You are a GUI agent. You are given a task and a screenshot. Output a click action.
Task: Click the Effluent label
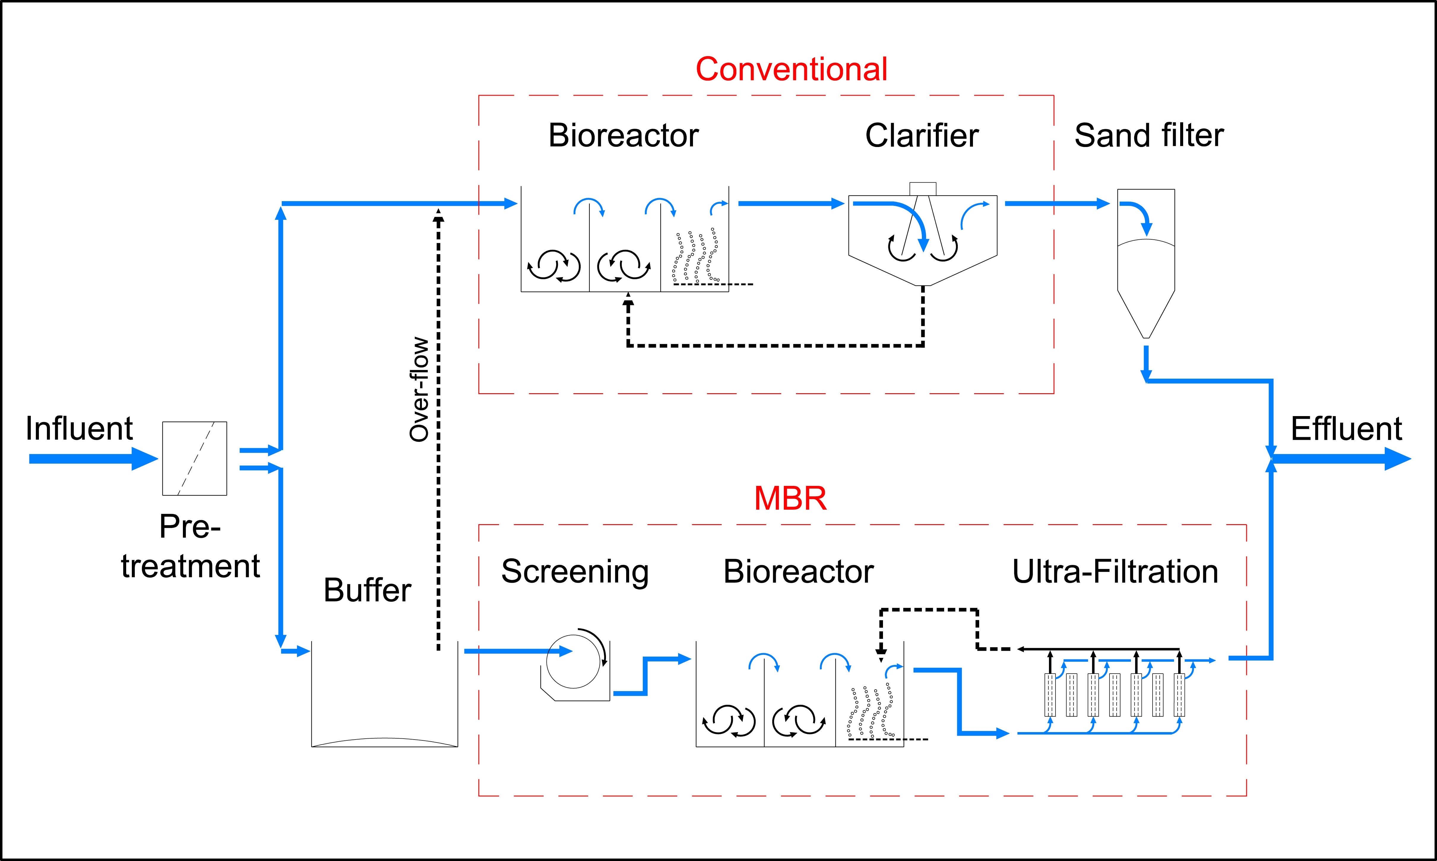click(1346, 429)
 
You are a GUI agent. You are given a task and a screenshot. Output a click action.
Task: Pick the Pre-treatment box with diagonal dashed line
click(194, 458)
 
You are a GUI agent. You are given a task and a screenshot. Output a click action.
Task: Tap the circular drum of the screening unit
click(573, 661)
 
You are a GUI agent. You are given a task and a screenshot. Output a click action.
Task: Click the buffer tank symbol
click(384, 696)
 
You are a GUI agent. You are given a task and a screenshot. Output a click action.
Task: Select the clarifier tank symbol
click(923, 238)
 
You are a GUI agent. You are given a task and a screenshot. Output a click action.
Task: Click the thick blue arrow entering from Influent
click(93, 459)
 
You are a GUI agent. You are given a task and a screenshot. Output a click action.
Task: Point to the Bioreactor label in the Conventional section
click(623, 136)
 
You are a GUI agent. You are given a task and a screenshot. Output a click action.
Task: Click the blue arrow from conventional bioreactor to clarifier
click(790, 204)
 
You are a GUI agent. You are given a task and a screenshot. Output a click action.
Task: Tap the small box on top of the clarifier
click(923, 189)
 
